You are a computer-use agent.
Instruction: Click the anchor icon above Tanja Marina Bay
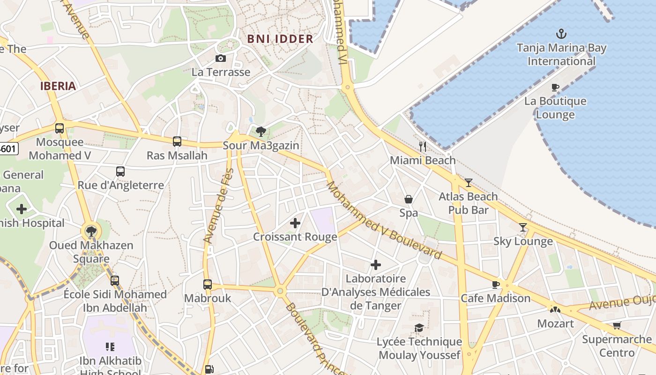click(561, 34)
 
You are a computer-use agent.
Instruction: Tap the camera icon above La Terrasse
click(220, 58)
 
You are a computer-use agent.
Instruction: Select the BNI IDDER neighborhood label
click(280, 39)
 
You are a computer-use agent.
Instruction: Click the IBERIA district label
click(58, 86)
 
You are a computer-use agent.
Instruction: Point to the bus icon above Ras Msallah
click(177, 141)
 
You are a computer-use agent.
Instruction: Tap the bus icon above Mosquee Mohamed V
click(60, 128)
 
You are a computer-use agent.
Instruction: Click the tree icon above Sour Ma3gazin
click(261, 131)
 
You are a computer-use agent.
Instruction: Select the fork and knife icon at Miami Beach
click(423, 146)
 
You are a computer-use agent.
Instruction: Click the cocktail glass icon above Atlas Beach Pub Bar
click(468, 182)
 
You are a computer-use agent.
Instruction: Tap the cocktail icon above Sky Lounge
click(523, 227)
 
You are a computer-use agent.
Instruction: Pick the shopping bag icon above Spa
click(409, 199)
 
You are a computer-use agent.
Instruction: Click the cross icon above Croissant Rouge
click(295, 223)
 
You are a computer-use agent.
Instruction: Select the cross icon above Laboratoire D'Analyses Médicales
click(375, 265)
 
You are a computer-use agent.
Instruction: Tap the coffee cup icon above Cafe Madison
click(496, 284)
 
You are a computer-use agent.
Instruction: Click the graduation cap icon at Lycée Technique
click(419, 328)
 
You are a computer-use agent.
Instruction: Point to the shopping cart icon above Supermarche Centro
click(617, 325)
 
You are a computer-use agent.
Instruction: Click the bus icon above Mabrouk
click(207, 284)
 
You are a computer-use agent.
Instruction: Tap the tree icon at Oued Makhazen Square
click(91, 231)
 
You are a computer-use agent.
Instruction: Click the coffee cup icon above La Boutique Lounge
click(555, 87)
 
